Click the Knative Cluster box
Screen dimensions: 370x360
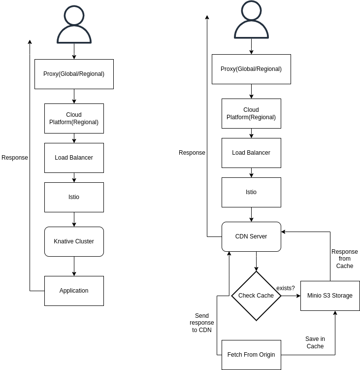coord(74,241)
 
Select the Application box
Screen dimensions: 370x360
coord(74,291)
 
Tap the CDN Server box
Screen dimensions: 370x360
coord(251,236)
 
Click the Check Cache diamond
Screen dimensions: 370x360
coord(256,296)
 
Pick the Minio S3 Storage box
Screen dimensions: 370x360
coord(330,296)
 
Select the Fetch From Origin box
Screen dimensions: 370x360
coord(251,355)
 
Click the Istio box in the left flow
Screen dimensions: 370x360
coord(74,197)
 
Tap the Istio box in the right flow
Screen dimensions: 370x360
coord(251,192)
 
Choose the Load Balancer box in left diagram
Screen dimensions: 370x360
coord(74,158)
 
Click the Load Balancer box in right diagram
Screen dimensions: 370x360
coord(251,153)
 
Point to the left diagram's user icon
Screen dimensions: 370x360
coord(74,25)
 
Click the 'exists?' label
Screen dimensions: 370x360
coord(286,288)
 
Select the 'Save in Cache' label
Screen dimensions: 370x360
coord(315,342)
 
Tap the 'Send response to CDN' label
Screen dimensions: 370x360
coord(202,323)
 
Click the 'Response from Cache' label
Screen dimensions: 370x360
coord(345,259)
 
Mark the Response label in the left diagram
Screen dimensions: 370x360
coord(15,158)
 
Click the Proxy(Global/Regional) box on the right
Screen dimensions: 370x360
coord(251,69)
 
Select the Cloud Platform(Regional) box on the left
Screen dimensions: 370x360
coord(74,118)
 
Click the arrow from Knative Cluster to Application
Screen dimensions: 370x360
coord(74,266)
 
